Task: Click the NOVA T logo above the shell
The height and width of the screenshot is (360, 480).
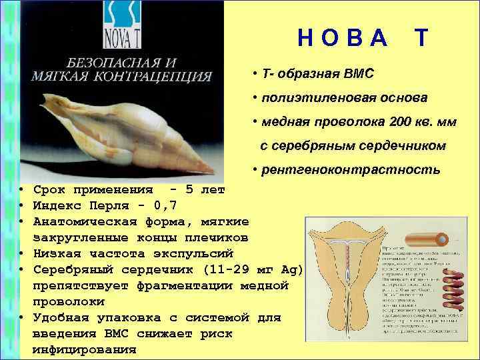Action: [x=121, y=27]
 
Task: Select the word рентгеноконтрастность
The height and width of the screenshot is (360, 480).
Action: [x=351, y=170]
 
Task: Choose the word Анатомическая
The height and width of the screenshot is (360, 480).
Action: [x=85, y=221]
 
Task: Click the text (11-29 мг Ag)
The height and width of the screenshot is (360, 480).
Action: [x=251, y=269]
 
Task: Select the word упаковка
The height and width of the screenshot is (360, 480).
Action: [x=129, y=317]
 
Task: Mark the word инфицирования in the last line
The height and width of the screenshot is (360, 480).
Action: [x=84, y=349]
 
